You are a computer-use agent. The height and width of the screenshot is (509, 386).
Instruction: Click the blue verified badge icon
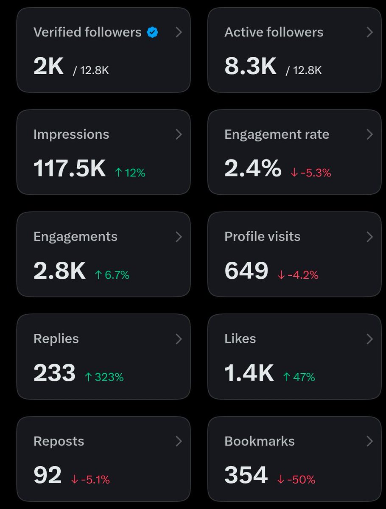click(x=152, y=32)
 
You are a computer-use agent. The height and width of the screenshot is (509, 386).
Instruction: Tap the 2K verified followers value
click(x=48, y=66)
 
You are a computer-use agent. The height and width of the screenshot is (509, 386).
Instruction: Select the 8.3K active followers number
click(x=250, y=66)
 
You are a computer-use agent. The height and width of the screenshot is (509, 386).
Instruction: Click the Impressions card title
click(x=71, y=134)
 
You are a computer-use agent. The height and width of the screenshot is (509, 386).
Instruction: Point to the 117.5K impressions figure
click(x=70, y=168)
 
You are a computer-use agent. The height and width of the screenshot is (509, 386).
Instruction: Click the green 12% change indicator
click(x=130, y=173)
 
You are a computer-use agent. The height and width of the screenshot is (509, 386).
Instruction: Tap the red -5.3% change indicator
click(x=311, y=173)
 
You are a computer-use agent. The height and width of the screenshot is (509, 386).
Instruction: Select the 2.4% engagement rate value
click(x=253, y=168)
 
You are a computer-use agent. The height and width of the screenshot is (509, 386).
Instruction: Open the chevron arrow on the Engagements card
click(x=179, y=237)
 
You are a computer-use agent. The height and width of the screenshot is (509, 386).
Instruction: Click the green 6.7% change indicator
click(x=112, y=275)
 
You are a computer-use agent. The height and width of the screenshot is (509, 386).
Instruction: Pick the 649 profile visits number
click(x=246, y=271)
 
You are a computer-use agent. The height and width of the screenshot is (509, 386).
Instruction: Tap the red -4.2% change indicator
click(x=298, y=275)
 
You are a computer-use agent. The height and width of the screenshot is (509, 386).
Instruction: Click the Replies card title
click(x=56, y=339)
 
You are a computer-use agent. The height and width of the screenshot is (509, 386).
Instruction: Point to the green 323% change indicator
click(x=104, y=377)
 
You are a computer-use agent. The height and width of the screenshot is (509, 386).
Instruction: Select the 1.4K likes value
click(x=249, y=373)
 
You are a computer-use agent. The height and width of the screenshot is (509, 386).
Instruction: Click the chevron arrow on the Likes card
click(x=370, y=339)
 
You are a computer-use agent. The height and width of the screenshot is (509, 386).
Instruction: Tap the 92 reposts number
click(x=48, y=475)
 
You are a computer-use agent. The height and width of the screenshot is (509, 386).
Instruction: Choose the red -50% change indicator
click(x=296, y=480)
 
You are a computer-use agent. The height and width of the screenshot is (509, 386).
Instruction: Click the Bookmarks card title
click(x=260, y=441)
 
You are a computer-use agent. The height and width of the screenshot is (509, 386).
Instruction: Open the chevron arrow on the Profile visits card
click(x=370, y=237)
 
